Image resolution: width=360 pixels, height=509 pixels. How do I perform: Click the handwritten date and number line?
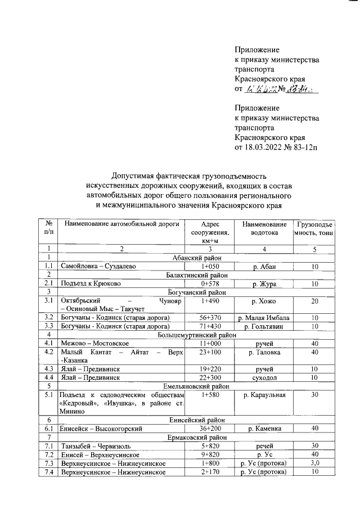point(276,89)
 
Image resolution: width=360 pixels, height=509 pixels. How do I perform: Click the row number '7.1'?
point(49,446)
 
